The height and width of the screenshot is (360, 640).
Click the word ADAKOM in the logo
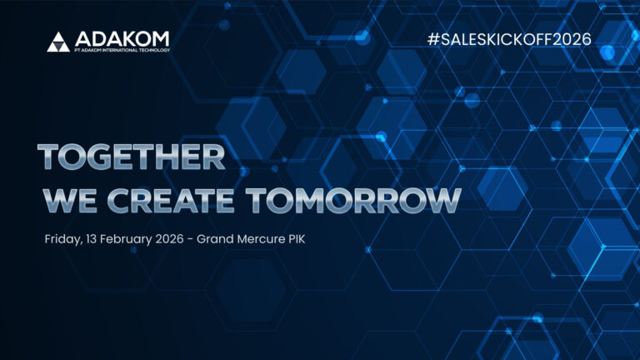pyautogui.click(x=121, y=38)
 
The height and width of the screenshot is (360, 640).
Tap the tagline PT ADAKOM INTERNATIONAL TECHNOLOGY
pyautogui.click(x=121, y=51)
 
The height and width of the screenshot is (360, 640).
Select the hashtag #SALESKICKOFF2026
pyautogui.click(x=508, y=39)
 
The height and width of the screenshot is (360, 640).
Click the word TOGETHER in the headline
pyautogui.click(x=132, y=157)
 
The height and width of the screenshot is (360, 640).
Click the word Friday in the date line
pyautogui.click(x=62, y=240)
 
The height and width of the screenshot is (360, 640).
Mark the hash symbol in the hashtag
pyautogui.click(x=432, y=39)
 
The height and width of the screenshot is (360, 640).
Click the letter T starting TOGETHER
pyautogui.click(x=49, y=157)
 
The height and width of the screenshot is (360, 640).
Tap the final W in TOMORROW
pyautogui.click(x=444, y=201)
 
